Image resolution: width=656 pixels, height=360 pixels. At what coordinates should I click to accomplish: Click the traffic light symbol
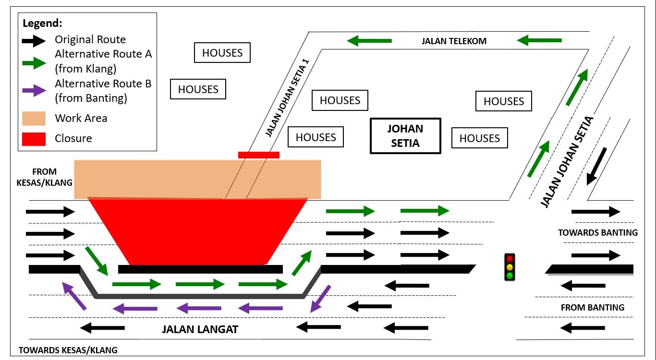509,267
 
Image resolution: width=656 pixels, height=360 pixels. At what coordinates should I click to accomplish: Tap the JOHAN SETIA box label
405,136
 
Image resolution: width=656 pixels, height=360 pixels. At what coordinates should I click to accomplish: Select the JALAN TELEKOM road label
454,41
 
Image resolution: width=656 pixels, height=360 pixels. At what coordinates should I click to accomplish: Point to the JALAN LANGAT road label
200,330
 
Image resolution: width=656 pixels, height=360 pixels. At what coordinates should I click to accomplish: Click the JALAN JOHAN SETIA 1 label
287,98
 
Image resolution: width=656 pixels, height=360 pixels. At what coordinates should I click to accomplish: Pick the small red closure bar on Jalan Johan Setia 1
258,155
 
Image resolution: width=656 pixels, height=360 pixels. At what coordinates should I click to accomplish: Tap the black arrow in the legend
34,41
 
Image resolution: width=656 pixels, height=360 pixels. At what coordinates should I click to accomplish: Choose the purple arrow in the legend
34,91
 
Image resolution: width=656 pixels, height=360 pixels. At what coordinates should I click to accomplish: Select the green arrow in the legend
34,61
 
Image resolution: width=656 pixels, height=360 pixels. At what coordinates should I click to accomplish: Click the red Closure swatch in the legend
34,138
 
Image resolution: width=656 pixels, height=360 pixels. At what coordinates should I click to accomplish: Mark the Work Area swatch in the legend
34,118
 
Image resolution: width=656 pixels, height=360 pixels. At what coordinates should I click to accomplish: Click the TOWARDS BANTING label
597,233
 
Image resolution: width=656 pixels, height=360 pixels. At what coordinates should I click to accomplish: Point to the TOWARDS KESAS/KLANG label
68,350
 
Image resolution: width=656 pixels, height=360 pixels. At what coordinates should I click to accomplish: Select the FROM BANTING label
593,307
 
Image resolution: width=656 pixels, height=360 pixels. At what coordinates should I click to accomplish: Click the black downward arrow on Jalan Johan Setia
596,166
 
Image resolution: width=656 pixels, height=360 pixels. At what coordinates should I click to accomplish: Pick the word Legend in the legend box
42,23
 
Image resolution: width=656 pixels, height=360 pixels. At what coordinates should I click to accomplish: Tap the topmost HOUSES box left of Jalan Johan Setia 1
222,53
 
